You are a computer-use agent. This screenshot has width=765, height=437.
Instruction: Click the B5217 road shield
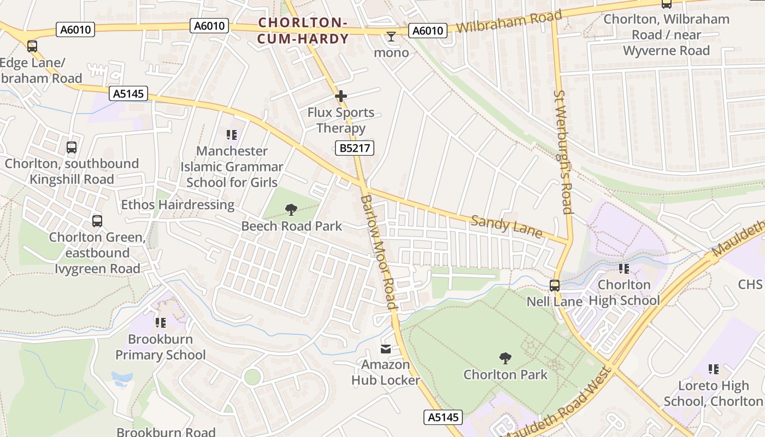[x=354, y=147]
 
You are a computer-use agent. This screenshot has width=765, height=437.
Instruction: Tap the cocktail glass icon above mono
[x=391, y=37]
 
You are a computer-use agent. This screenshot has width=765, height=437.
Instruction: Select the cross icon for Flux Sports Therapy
[x=341, y=97]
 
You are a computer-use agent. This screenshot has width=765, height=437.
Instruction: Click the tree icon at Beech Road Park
[x=291, y=209]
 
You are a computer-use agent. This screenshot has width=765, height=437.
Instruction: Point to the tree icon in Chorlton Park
[x=505, y=358]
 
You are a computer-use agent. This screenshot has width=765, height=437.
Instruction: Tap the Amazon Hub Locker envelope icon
[x=386, y=349]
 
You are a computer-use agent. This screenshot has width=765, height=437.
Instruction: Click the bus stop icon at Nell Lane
[x=555, y=286]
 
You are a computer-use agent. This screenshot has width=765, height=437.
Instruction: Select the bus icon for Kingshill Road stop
[x=72, y=147]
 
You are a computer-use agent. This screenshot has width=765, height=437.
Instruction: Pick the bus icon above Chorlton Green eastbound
[x=97, y=221]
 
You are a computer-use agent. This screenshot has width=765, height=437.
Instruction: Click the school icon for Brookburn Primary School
[x=161, y=323]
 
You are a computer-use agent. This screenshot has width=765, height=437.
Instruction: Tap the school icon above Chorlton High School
[x=624, y=269]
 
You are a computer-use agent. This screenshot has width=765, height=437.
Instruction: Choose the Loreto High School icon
[x=714, y=369]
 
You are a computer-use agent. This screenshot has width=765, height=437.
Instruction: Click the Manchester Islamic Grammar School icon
[x=232, y=134]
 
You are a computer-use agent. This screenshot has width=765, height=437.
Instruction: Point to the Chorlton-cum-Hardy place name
[x=303, y=31]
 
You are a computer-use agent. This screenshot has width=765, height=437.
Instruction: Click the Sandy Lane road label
[x=507, y=227]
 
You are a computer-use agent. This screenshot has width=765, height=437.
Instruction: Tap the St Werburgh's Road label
[x=562, y=152]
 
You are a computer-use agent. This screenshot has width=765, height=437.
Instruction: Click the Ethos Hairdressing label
[x=178, y=205]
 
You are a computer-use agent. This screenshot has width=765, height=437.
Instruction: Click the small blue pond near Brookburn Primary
[x=122, y=377]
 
